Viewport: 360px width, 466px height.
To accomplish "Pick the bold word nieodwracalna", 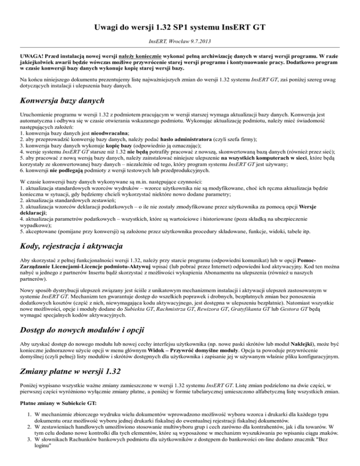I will coord(104,133).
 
